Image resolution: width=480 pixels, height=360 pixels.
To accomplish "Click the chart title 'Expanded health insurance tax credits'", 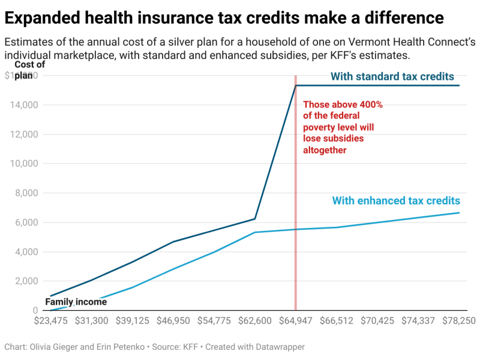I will point(224,18).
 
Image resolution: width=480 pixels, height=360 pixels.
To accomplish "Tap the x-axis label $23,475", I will point(50,321).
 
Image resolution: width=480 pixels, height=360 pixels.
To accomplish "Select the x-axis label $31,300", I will point(91,321).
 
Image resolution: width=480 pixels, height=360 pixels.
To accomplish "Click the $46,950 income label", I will point(173,321).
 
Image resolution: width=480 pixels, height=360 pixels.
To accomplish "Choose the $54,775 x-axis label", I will point(214,321).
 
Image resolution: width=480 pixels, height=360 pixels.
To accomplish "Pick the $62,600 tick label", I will point(255,321).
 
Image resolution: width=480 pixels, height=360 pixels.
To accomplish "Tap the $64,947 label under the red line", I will point(296,321).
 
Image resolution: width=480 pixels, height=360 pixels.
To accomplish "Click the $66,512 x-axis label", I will point(337,321).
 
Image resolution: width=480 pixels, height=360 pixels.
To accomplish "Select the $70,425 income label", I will point(377,321).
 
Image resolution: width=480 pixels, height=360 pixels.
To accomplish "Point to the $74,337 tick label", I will point(418,321).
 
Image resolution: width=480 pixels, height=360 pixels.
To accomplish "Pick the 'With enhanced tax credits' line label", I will point(396,200).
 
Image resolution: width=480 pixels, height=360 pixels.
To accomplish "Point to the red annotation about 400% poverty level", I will point(343,127).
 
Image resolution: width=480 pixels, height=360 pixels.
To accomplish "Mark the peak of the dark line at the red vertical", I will point(295,85).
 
